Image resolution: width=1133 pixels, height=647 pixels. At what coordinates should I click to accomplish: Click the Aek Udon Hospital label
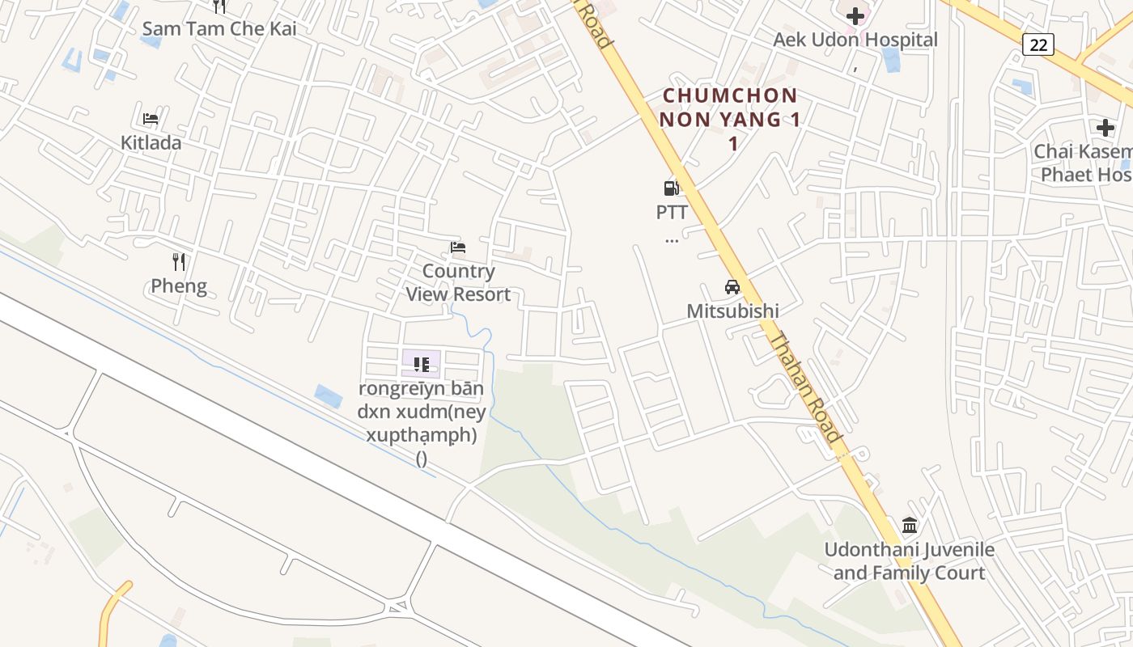(x=855, y=40)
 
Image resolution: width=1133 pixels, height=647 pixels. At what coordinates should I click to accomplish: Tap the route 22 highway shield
(x=1038, y=44)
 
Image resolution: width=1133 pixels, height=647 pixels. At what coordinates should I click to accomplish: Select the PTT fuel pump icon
(x=671, y=188)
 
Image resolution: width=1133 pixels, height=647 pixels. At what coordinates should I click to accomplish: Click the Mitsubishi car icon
(x=732, y=287)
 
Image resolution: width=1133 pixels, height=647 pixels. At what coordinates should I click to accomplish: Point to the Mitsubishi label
(x=732, y=311)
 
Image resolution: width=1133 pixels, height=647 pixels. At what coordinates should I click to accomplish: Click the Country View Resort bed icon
(x=458, y=247)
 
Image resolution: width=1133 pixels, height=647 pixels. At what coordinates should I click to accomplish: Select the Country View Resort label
(x=458, y=282)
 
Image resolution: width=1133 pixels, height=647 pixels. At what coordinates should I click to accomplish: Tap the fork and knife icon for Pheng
(x=179, y=262)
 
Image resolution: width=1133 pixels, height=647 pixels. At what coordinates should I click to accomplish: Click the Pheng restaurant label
(x=179, y=286)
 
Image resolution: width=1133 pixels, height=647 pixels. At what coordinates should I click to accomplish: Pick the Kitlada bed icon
(x=151, y=119)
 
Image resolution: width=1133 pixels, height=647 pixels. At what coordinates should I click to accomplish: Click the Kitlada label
(x=151, y=143)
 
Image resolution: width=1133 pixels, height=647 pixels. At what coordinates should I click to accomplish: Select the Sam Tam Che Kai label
(x=219, y=29)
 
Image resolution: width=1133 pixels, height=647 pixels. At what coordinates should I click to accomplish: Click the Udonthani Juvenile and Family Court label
(x=910, y=561)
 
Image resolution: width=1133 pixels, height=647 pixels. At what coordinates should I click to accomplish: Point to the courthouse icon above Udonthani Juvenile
(x=910, y=526)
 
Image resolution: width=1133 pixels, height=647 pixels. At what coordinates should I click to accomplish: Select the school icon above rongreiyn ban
(x=421, y=364)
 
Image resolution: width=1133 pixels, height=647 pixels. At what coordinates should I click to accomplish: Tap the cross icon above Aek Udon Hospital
(x=855, y=16)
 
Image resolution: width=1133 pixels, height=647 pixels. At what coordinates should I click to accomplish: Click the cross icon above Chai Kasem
(x=1105, y=128)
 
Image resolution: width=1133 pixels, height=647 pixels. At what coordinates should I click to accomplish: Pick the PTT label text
(x=672, y=213)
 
